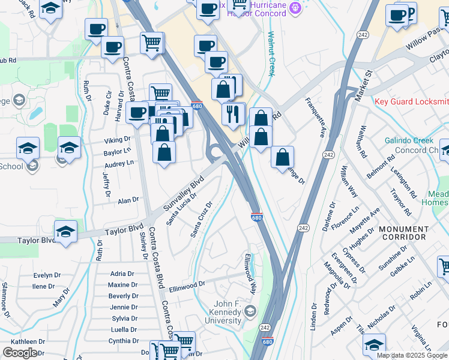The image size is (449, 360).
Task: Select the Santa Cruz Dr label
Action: click(202, 218)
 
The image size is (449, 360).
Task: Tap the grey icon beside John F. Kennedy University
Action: click(250, 311)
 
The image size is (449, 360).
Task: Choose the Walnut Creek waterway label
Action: click(271, 54)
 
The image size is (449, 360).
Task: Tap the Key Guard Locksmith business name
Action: click(411, 101)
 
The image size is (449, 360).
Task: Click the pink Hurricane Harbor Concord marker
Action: click(294, 8)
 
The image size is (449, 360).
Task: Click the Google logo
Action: click(20, 353)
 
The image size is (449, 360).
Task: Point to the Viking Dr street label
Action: click(118, 140)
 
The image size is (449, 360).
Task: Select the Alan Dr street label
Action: click(128, 200)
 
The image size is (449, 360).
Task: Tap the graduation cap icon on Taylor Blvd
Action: click(65, 230)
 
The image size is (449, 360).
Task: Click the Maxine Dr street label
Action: click(123, 284)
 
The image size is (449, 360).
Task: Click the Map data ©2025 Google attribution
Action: click(411, 355)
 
